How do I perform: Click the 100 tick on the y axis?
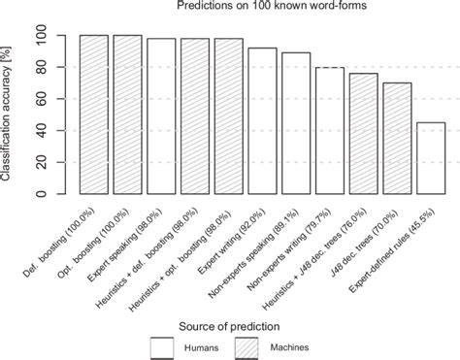tap(40, 36)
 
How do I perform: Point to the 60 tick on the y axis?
tap(40, 99)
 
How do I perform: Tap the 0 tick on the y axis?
tap(40, 194)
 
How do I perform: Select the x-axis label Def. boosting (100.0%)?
tap(79, 232)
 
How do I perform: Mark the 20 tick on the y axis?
tap(40, 162)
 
